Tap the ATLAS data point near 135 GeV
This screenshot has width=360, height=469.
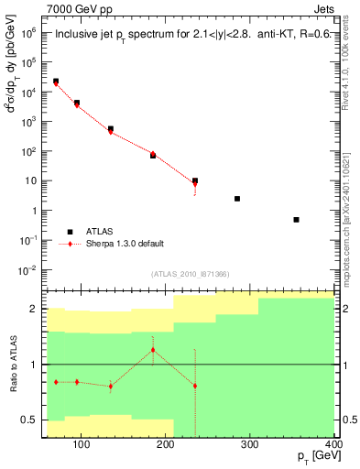click(111, 129)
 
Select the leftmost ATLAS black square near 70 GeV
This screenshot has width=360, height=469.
click(56, 82)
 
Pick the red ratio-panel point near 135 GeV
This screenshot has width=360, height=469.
click(111, 386)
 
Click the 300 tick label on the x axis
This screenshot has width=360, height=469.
click(249, 445)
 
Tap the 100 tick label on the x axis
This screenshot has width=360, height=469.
click(81, 445)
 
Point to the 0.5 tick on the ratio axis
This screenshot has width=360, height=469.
click(32, 420)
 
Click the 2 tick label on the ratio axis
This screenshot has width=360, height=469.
click(35, 310)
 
